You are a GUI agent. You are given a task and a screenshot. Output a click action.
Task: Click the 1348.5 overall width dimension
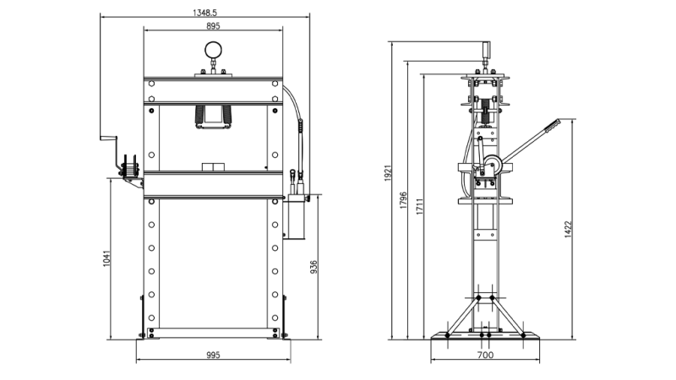[x=204, y=13]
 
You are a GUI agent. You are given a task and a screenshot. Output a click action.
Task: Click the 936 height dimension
[x=313, y=267]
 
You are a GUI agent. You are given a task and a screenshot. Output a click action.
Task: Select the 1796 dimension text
[x=405, y=200]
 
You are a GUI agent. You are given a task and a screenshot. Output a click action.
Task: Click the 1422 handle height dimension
[x=569, y=229]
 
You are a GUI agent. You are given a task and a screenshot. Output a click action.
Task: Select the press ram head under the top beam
[x=213, y=117]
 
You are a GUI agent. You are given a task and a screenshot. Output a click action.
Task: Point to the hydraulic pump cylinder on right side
[x=296, y=216]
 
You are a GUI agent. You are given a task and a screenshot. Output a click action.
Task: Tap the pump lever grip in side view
[x=552, y=124]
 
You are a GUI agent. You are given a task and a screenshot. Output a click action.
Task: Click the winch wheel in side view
[x=493, y=166]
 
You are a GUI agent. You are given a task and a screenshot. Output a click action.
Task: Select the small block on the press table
[x=212, y=166]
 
